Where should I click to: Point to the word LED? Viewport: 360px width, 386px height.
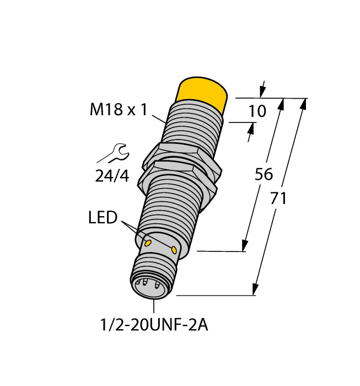[x=103, y=218]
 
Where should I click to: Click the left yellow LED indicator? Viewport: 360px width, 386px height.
[x=148, y=243]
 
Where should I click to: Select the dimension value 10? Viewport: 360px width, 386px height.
[x=256, y=111]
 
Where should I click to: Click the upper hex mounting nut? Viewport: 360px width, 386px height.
[x=178, y=155]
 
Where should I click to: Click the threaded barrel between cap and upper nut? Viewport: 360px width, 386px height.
[x=193, y=127]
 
